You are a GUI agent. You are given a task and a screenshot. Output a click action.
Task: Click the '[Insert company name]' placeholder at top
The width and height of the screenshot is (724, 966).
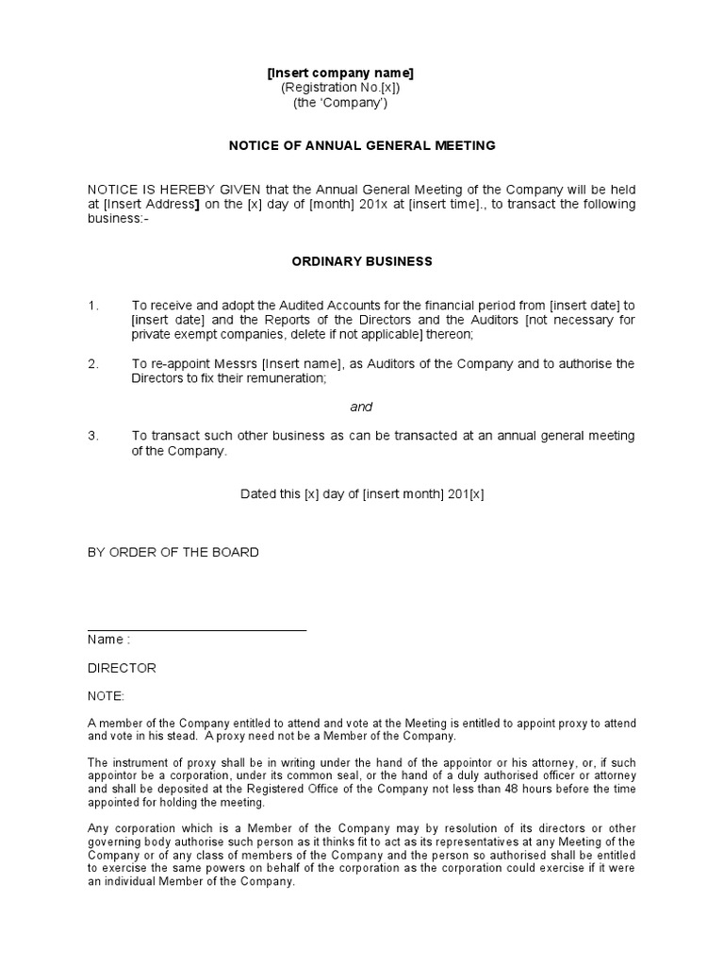(340, 73)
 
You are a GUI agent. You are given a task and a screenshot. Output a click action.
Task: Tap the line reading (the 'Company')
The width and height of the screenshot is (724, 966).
(339, 103)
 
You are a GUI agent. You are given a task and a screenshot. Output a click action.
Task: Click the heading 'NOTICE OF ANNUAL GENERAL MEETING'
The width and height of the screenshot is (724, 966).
(362, 145)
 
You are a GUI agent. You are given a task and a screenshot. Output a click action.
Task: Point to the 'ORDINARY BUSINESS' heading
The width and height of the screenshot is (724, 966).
(362, 260)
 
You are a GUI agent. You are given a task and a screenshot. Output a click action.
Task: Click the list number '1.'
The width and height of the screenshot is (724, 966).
(92, 306)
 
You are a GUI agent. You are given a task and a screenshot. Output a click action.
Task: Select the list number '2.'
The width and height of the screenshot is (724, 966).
(92, 363)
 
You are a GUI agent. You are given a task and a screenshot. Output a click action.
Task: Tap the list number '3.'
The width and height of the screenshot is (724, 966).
(92, 436)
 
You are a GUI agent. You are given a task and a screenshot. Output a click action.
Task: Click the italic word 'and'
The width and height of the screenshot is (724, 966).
(361, 407)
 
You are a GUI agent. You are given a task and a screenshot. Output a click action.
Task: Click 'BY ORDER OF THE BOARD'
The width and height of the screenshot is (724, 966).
(173, 552)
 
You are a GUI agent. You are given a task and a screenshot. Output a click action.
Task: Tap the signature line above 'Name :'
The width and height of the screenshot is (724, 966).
(197, 629)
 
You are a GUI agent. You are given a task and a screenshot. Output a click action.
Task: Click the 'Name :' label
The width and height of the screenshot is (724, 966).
(108, 639)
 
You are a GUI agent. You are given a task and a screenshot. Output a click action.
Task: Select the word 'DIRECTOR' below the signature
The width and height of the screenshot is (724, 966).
(122, 668)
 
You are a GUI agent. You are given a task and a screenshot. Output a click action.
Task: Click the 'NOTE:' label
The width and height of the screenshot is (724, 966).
(106, 696)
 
